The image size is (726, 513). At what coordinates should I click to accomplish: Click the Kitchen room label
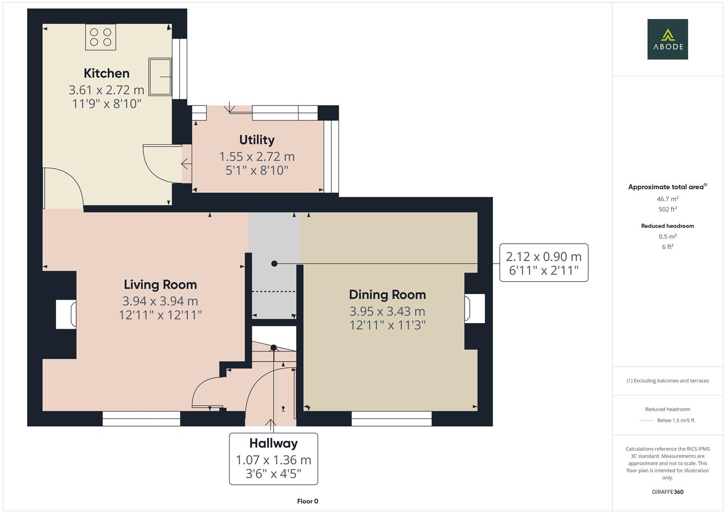click(x=106, y=73)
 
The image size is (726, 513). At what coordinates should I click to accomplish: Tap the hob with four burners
click(x=100, y=37)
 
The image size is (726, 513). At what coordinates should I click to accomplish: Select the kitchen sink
click(x=160, y=76)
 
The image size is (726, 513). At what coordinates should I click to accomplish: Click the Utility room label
click(x=257, y=140)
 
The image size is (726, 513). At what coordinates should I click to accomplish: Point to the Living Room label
click(x=160, y=285)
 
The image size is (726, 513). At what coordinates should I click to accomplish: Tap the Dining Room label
click(x=387, y=294)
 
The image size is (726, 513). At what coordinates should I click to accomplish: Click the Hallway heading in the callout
click(x=273, y=443)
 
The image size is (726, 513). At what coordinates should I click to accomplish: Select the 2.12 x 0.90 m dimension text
click(x=543, y=256)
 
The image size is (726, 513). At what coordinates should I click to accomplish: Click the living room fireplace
click(x=66, y=314)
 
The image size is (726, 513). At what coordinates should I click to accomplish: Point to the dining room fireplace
click(x=474, y=309)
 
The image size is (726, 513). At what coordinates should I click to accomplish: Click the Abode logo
click(x=668, y=39)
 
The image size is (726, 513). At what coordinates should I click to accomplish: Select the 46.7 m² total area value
click(x=668, y=199)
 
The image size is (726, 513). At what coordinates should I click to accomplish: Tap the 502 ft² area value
click(x=668, y=209)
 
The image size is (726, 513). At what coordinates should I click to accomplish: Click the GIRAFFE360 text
click(x=668, y=492)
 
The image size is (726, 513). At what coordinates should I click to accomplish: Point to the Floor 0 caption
click(x=307, y=501)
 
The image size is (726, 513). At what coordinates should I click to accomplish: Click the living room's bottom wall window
click(x=141, y=418)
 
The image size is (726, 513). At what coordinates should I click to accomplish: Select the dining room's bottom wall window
click(x=391, y=418)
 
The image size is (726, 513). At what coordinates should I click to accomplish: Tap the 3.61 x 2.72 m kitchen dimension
click(x=106, y=89)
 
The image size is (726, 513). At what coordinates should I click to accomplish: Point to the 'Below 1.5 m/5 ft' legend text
click(x=676, y=420)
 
